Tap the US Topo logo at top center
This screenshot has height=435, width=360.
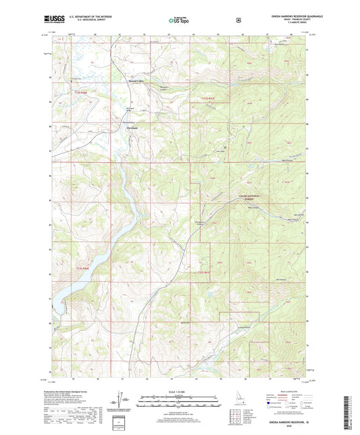(x=179, y=21)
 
